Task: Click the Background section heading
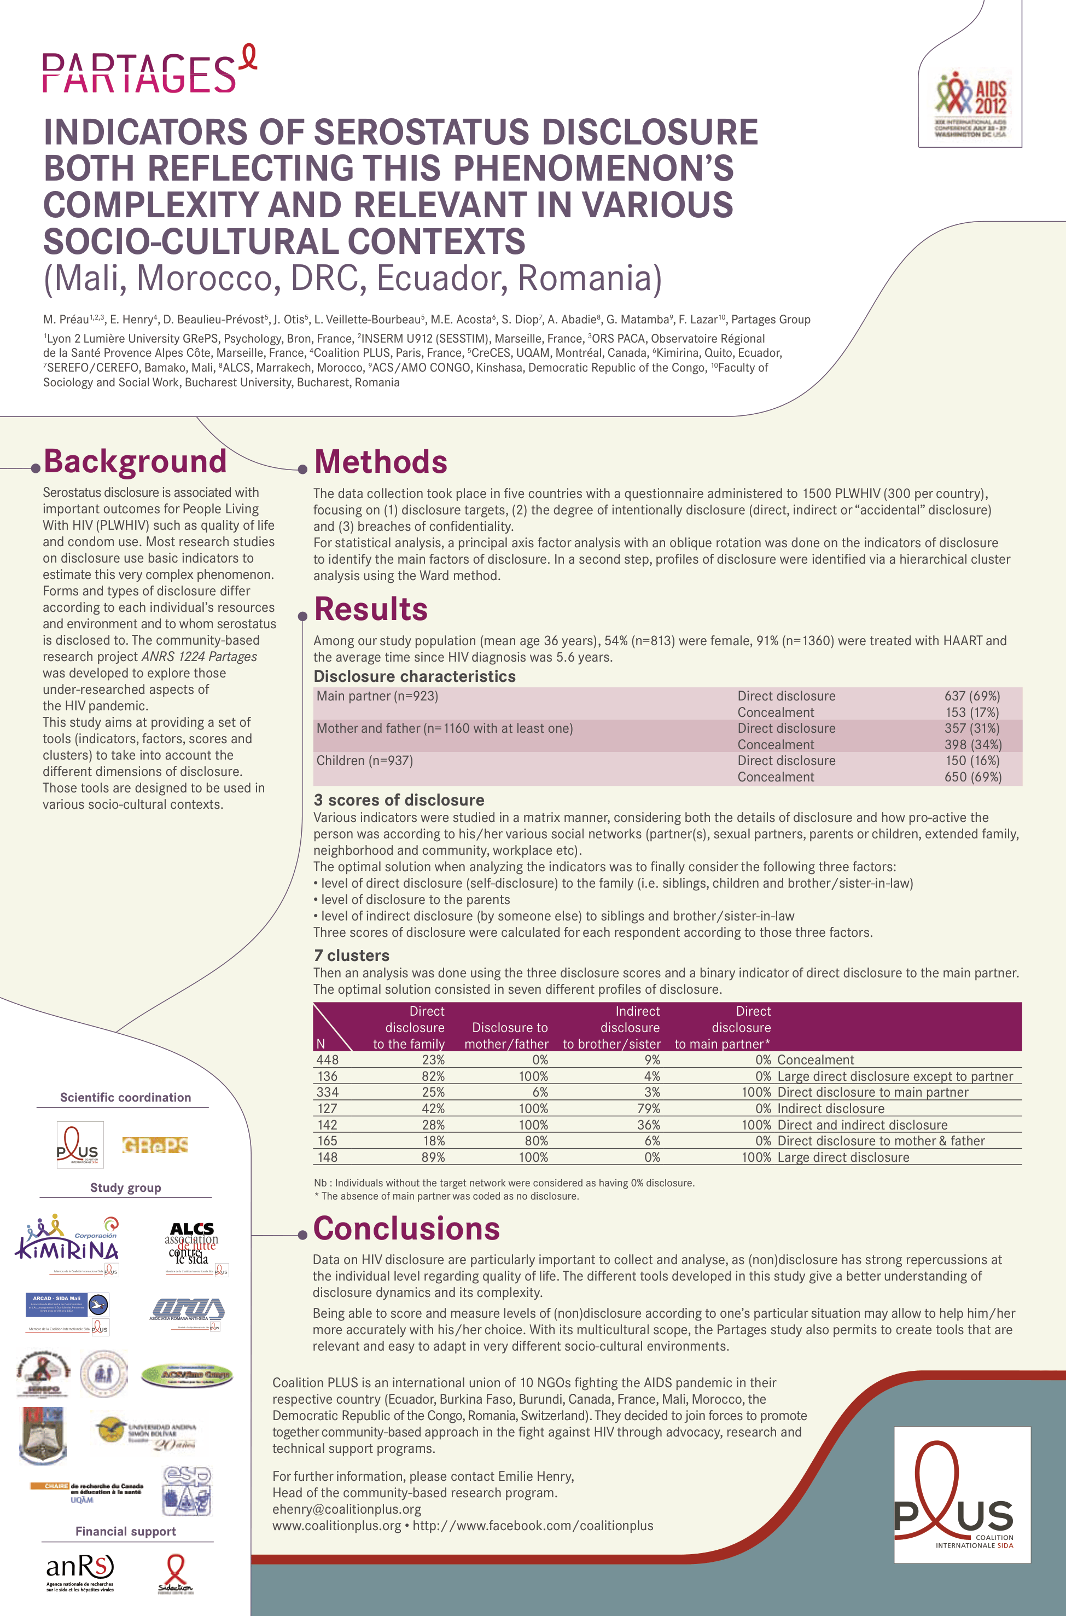point(135,461)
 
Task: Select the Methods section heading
point(381,462)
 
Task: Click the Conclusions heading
point(406,1229)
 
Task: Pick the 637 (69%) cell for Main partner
point(971,696)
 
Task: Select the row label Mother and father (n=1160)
point(445,728)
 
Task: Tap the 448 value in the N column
point(327,1059)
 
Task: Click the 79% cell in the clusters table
point(649,1109)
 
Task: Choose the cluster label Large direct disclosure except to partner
point(895,1076)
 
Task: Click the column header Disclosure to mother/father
point(506,1035)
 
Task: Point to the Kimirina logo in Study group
point(68,1244)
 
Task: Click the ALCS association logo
point(193,1244)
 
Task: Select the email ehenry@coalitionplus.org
point(347,1509)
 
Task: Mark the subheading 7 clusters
point(352,955)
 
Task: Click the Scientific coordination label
point(125,1097)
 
